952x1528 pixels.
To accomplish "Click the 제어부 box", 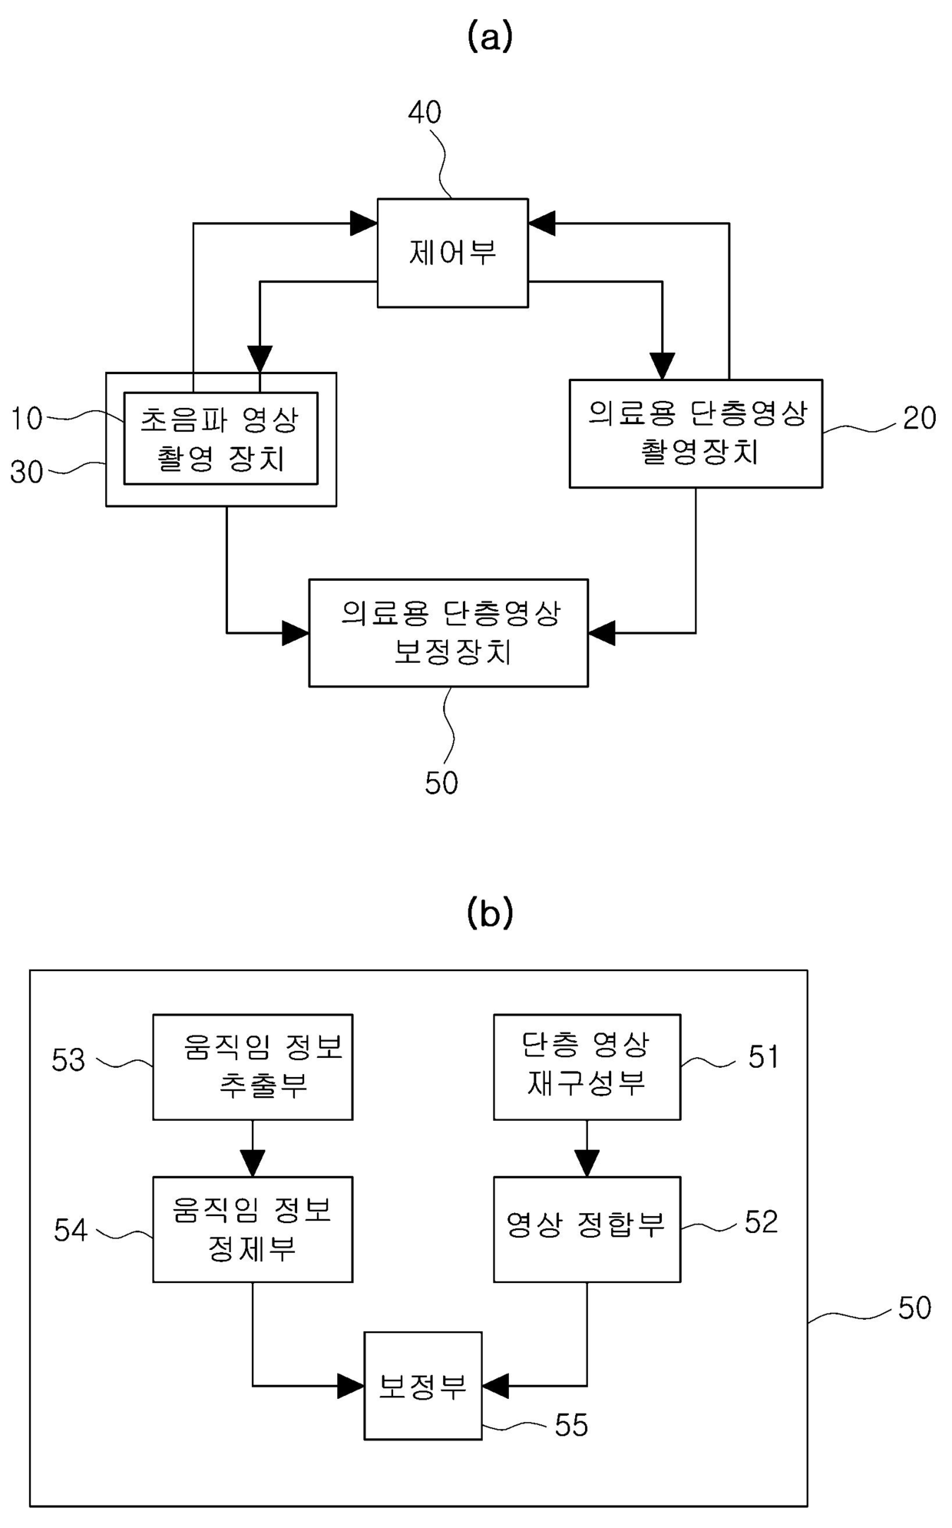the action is (x=452, y=253).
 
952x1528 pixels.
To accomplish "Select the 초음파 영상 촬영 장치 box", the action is (x=221, y=439).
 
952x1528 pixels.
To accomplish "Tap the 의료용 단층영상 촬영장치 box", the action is (x=696, y=433).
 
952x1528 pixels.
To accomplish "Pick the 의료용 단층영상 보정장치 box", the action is (x=448, y=633).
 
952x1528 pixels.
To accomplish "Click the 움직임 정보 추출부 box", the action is (x=253, y=1067).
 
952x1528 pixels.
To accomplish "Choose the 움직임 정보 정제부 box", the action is (x=253, y=1229).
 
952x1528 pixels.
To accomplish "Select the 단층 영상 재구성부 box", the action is (x=587, y=1067).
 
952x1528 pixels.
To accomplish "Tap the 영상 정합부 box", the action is (x=587, y=1229).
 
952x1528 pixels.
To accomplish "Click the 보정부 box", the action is (x=423, y=1386).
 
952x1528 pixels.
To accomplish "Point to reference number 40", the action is (x=425, y=113).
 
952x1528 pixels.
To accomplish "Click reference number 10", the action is (x=26, y=419).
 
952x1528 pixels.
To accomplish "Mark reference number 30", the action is (x=26, y=472).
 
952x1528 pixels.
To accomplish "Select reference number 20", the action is (x=919, y=418).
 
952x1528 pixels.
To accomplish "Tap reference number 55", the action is (x=571, y=1425).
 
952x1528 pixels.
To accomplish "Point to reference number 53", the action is (x=68, y=1060).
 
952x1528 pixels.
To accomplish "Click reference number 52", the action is (x=762, y=1222).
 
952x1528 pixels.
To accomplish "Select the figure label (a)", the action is (x=490, y=36).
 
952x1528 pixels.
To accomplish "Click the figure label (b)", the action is (x=490, y=912).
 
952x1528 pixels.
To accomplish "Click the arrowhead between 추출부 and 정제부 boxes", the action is (x=253, y=1163).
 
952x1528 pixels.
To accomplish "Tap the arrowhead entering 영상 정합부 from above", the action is (x=587, y=1163).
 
